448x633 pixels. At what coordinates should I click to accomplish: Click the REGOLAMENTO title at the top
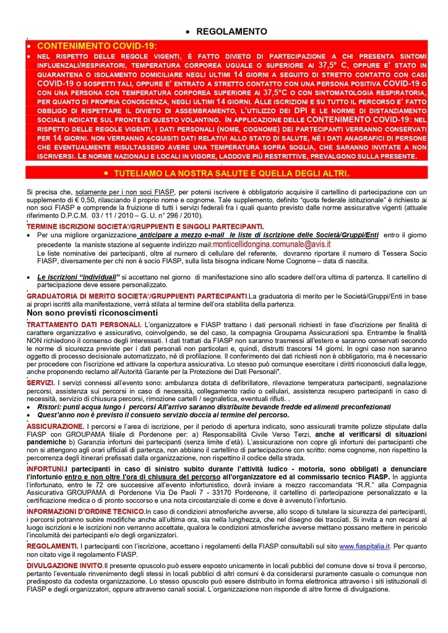[231, 32]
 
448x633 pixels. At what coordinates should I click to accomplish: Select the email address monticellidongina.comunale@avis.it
[272, 245]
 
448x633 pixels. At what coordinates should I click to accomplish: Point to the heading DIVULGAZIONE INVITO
[64, 566]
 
